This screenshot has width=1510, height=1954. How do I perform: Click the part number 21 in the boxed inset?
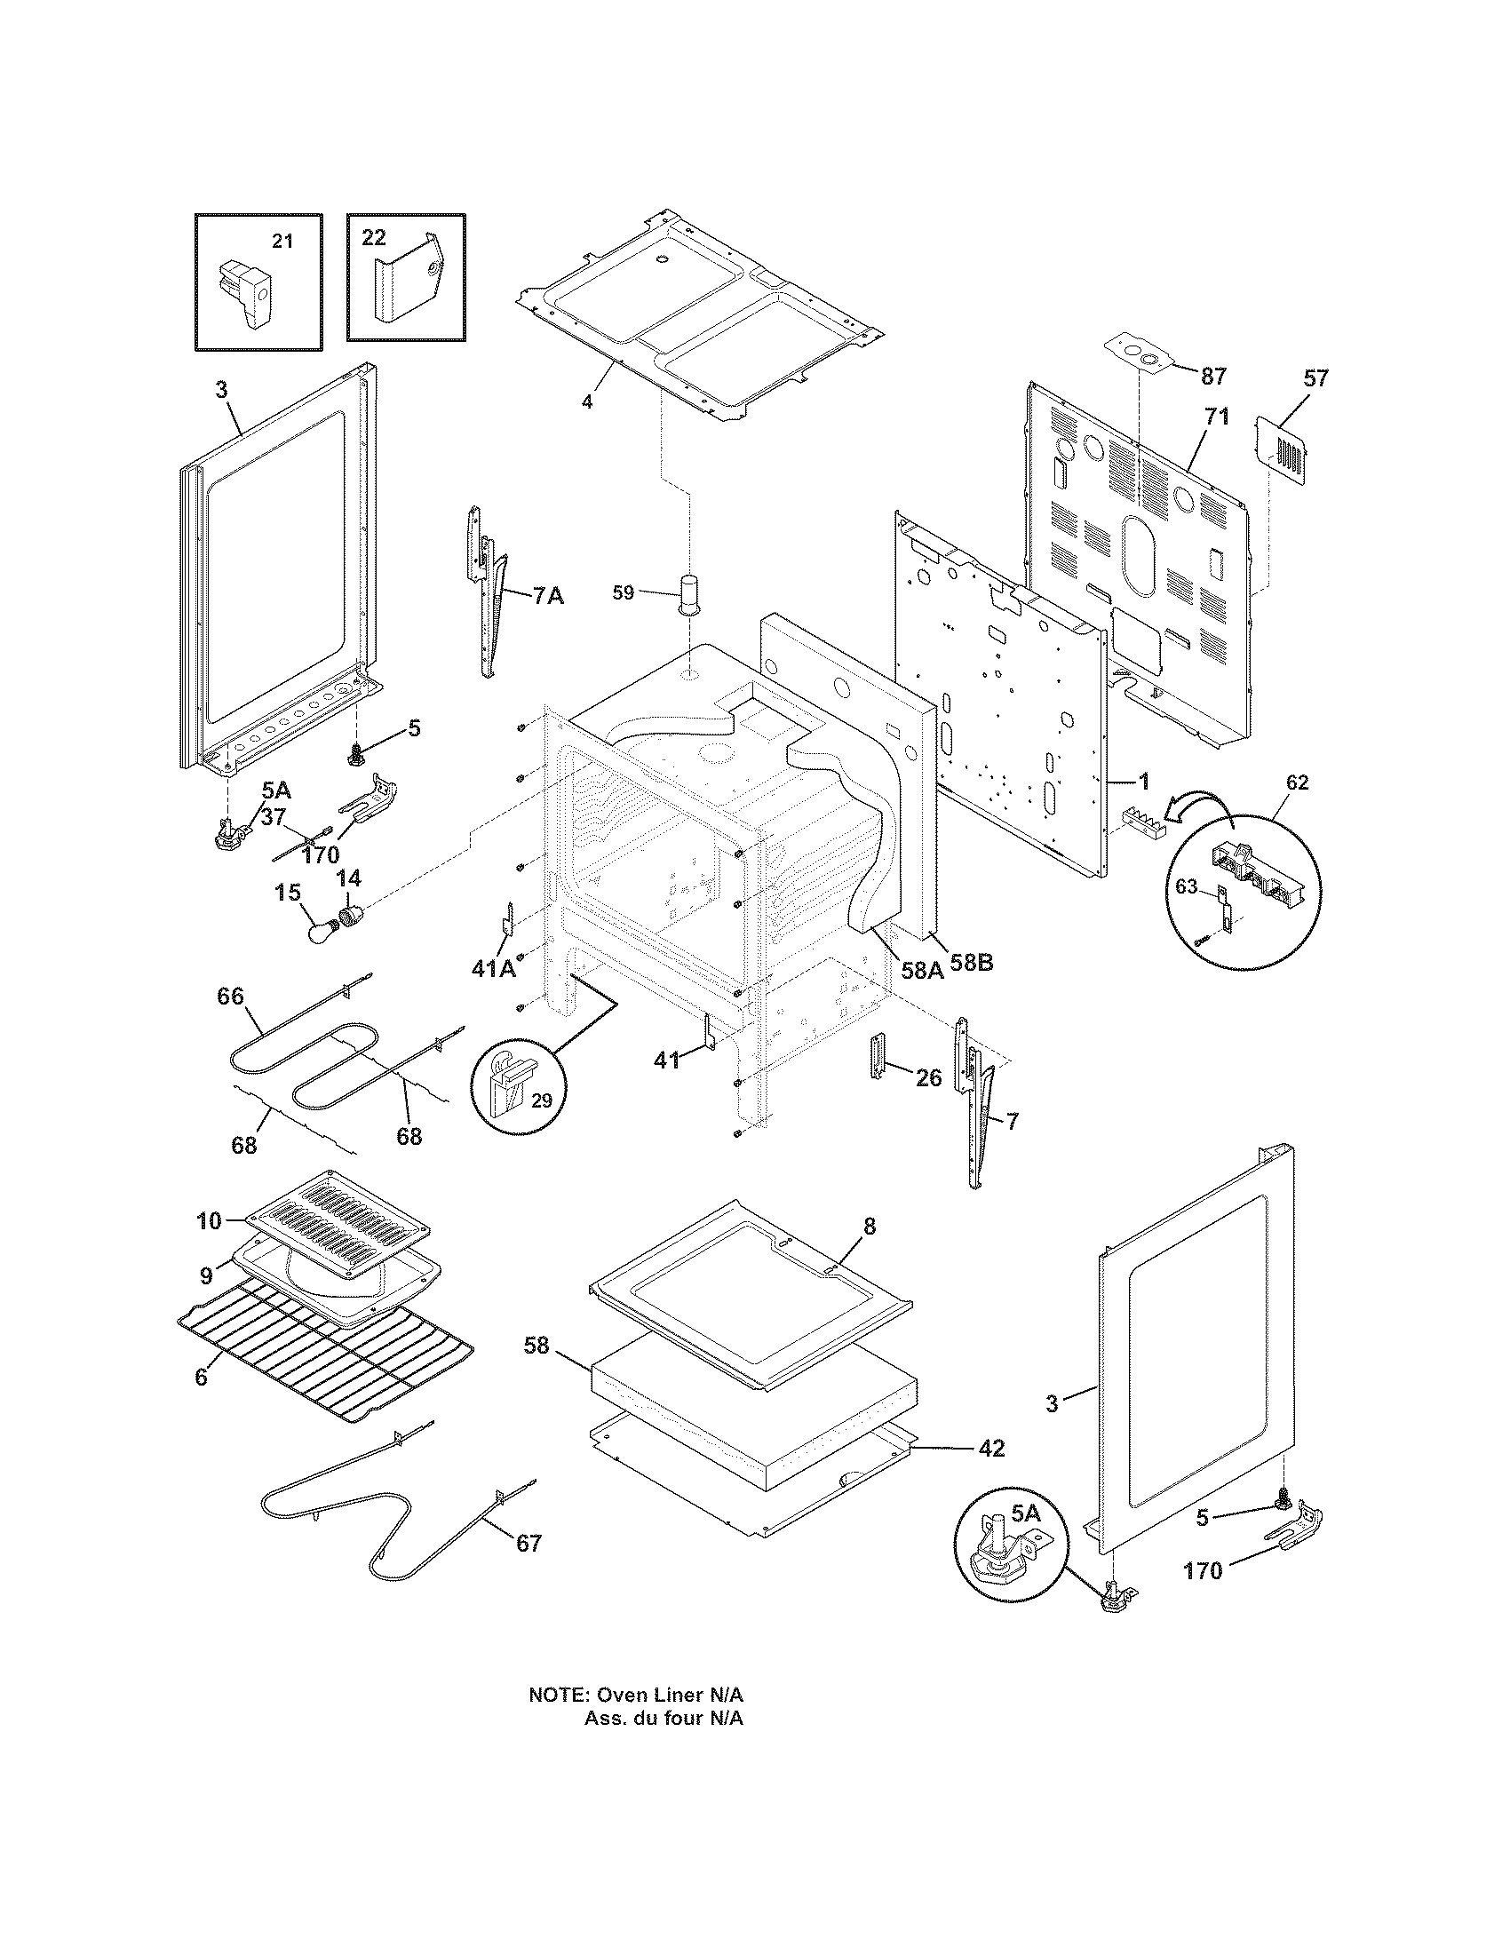pyautogui.click(x=282, y=242)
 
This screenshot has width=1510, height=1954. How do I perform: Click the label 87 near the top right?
pyautogui.click(x=1213, y=377)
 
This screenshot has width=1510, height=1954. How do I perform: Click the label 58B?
pyautogui.click(x=971, y=964)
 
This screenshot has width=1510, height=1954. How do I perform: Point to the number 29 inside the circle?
pyautogui.click(x=543, y=1100)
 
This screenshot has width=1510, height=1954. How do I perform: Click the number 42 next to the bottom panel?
pyautogui.click(x=991, y=1448)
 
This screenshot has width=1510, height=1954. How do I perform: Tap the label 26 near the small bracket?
pyautogui.click(x=928, y=1078)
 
